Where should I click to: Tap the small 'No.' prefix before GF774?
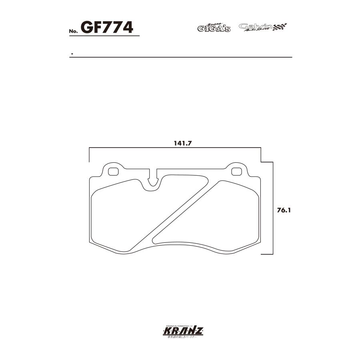click(73, 31)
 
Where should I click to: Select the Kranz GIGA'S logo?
click(214, 28)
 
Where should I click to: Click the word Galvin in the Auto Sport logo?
click(255, 26)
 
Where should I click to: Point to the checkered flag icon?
click(280, 27)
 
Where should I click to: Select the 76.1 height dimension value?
click(282, 209)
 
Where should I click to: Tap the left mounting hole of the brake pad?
click(114, 172)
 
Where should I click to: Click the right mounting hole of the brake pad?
click(237, 172)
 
